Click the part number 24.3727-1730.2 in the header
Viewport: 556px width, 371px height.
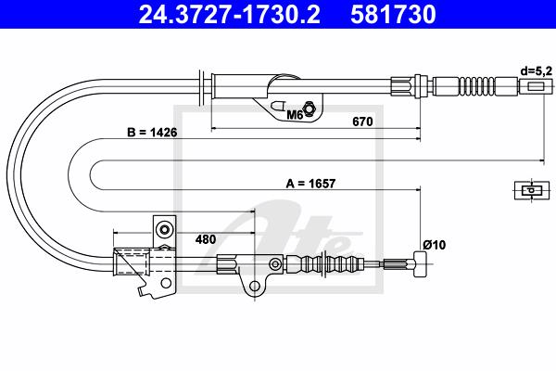pyautogui.click(x=230, y=14)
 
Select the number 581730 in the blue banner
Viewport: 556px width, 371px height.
pyautogui.click(x=393, y=14)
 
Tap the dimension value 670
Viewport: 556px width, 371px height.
pyautogui.click(x=362, y=122)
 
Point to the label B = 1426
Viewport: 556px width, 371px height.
pyautogui.click(x=152, y=133)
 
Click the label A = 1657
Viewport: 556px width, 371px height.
pyautogui.click(x=310, y=184)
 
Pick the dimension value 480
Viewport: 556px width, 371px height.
pyautogui.click(x=206, y=239)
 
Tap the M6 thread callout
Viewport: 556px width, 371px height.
pyautogui.click(x=294, y=115)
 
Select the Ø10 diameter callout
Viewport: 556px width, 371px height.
pyautogui.click(x=434, y=245)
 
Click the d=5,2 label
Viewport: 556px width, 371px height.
pyautogui.click(x=537, y=71)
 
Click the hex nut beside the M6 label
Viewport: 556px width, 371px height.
pyautogui.click(x=309, y=109)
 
